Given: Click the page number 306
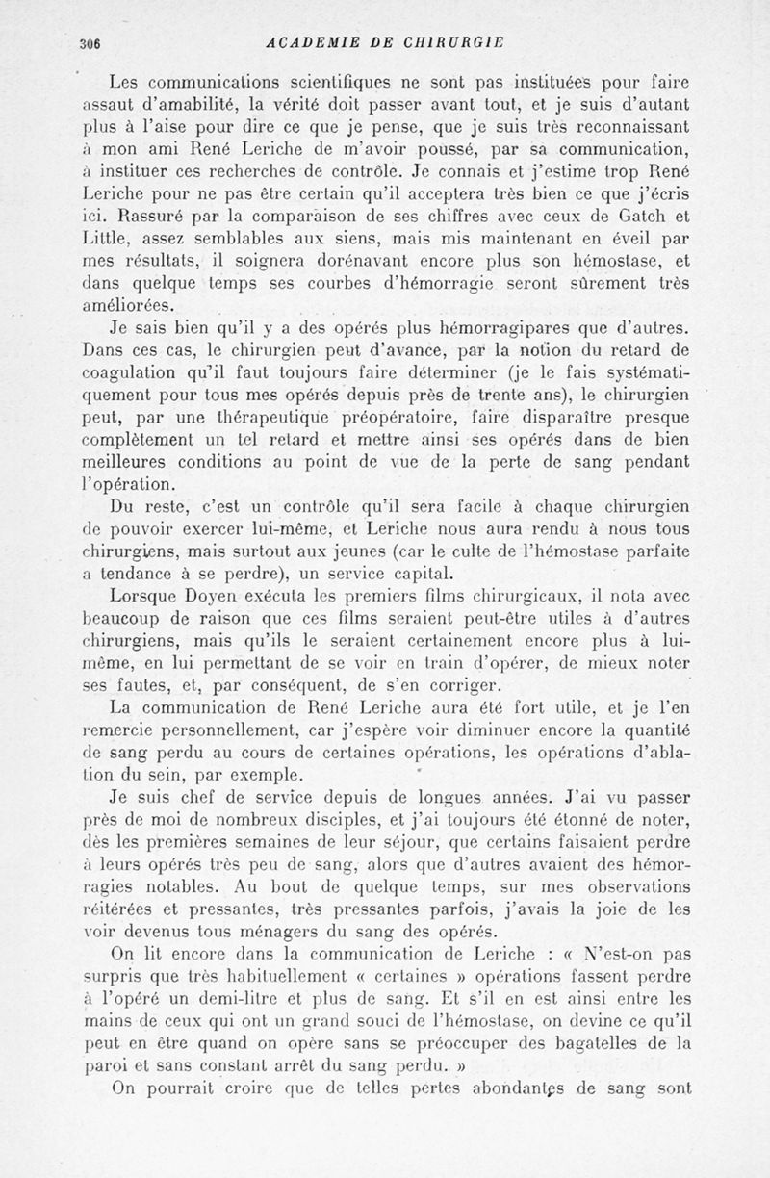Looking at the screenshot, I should (x=91, y=43).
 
